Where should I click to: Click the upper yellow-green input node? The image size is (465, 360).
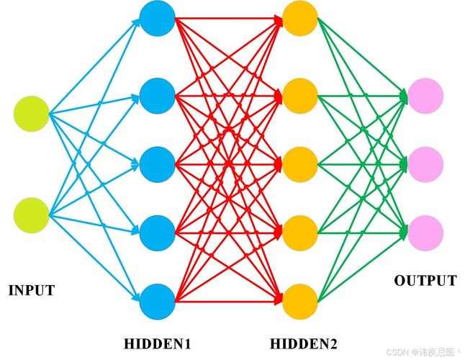(32, 114)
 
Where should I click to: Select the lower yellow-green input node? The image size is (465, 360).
(32, 215)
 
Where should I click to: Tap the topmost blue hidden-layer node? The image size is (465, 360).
(157, 19)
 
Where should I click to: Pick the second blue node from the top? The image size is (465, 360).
(157, 96)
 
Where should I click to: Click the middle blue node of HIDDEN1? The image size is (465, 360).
(157, 164)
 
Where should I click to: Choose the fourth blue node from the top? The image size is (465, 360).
(157, 233)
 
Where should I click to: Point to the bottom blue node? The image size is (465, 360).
(157, 302)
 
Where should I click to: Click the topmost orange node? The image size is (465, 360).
(300, 19)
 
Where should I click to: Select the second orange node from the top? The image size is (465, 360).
(300, 96)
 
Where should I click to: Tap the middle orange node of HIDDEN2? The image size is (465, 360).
(300, 164)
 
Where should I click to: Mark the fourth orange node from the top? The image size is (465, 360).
(300, 233)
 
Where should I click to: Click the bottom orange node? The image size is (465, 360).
(300, 302)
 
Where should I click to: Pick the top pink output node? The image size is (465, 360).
(425, 96)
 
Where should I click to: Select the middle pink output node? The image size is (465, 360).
(425, 164)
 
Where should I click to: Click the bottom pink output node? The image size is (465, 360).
(425, 233)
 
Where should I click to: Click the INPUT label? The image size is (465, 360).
(32, 290)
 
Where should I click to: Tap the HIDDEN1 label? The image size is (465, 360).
(157, 344)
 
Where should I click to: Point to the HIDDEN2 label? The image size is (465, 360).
(303, 344)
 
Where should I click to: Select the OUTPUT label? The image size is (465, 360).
(425, 281)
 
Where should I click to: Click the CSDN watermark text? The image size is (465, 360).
(423, 352)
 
